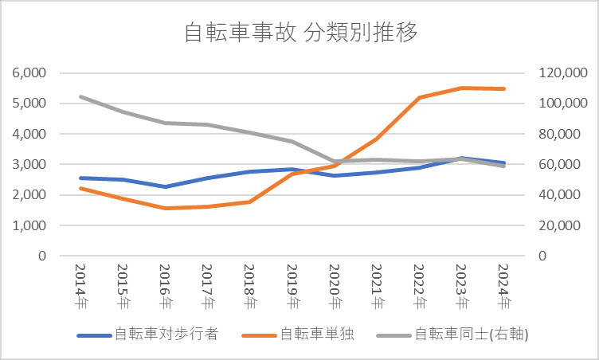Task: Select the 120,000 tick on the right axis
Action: pos(561,72)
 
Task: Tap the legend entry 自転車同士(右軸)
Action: pos(472,335)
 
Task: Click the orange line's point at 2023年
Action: pos(461,88)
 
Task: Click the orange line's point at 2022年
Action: pos(419,97)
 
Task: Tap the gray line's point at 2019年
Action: pos(292,142)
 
